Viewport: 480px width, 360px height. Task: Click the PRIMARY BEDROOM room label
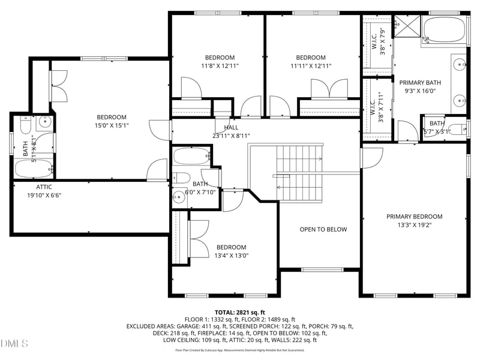tap(414, 217)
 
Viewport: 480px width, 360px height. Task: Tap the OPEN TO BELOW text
tap(323, 229)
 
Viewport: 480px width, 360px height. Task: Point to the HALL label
tap(231, 127)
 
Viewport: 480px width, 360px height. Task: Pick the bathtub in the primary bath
tap(445, 31)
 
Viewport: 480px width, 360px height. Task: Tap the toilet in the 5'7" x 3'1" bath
tap(457, 128)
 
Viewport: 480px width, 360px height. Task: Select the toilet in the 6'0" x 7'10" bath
tap(180, 178)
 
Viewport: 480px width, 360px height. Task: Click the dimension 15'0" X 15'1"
tap(112, 125)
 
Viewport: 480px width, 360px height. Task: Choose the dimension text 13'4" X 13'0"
tap(231, 256)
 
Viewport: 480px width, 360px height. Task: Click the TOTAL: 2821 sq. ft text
tap(240, 313)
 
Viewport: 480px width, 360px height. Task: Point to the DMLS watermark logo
tap(15, 343)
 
